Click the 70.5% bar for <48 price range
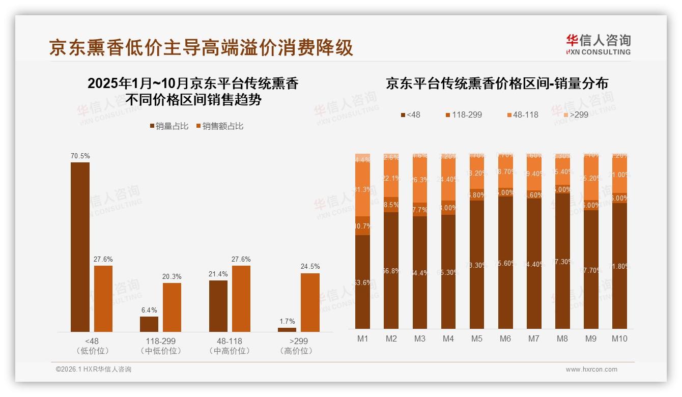[80, 247]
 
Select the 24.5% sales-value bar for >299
[310, 302]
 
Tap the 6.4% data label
[149, 310]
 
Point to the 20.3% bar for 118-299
[172, 307]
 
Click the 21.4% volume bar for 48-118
[218, 306]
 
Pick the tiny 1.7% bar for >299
[287, 330]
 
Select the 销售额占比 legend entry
[219, 126]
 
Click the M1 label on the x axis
[362, 339]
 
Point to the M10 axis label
[619, 339]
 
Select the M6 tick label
[505, 339]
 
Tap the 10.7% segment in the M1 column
[362, 226]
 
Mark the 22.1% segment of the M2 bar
[391, 178]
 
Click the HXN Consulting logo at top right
[598, 44]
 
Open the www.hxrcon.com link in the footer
[591, 370]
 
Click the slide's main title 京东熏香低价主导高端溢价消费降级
[201, 48]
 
